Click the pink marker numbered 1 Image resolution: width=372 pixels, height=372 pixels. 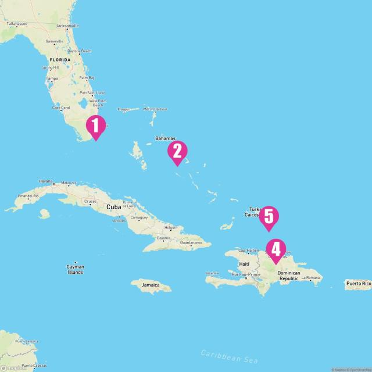pos(96,126)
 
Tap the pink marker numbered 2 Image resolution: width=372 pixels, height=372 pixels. pos(177,151)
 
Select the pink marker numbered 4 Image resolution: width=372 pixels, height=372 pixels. pos(276,249)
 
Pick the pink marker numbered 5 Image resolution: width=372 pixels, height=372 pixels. pos(269,216)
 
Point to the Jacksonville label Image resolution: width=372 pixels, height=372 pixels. pos(67,26)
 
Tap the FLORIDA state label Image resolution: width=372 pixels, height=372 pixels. pos(59,60)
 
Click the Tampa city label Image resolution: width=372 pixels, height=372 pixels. pos(52,78)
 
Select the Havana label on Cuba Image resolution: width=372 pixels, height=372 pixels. pos(45,181)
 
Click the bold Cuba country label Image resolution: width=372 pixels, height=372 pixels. pos(113,206)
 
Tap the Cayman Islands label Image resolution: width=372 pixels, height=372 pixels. pos(75,269)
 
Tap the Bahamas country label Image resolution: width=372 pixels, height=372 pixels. pos(165,138)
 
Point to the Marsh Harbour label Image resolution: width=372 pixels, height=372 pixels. pos(155,109)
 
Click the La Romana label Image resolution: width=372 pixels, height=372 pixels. pos(311,278)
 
